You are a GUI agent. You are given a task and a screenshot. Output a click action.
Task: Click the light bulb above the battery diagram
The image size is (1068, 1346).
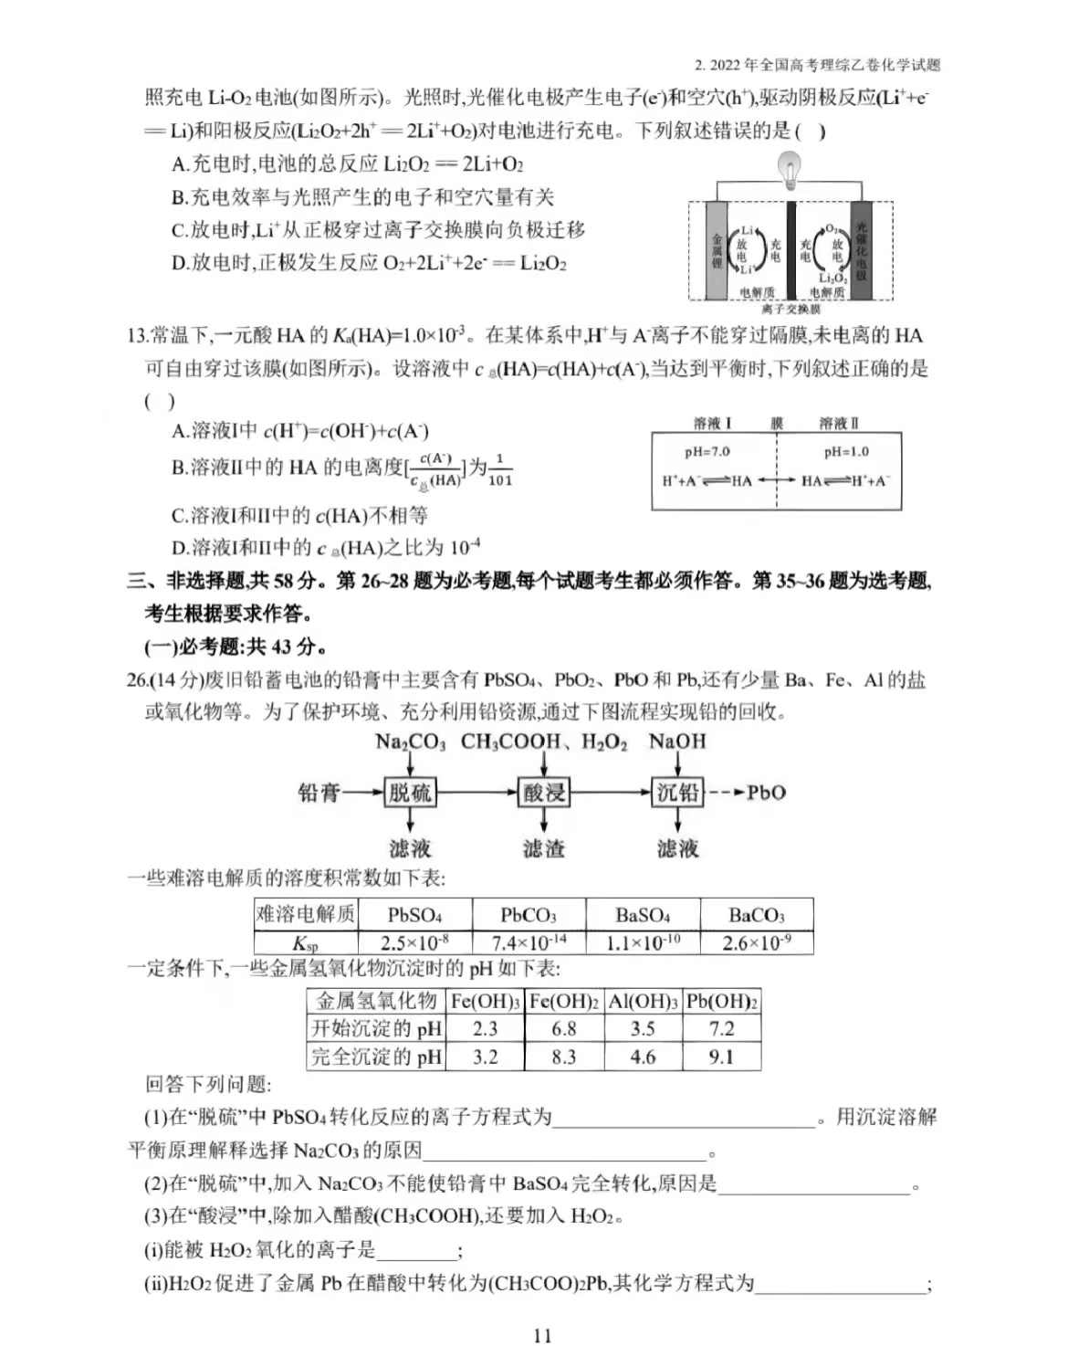click(x=789, y=170)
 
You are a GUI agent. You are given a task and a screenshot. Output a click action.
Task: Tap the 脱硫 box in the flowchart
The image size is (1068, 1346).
click(x=410, y=793)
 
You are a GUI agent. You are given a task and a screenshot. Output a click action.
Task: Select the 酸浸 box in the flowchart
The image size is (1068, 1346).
click(x=544, y=793)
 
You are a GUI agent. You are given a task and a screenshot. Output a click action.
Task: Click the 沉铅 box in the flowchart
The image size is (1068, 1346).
click(x=678, y=793)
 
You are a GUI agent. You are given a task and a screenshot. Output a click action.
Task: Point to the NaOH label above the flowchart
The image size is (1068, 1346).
click(x=677, y=741)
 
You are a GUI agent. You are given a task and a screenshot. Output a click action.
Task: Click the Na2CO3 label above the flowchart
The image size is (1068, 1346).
click(x=410, y=741)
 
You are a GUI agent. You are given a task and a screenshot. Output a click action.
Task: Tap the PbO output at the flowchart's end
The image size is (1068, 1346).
click(x=766, y=793)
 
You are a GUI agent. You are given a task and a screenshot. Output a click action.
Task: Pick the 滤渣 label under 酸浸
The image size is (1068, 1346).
click(x=544, y=848)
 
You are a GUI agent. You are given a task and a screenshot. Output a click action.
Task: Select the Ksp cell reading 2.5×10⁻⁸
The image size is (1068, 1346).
click(x=414, y=942)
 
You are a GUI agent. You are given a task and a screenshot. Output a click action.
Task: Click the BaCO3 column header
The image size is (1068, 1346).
click(x=757, y=914)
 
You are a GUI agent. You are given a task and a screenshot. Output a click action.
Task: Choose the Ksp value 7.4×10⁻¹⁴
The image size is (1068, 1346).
click(x=529, y=942)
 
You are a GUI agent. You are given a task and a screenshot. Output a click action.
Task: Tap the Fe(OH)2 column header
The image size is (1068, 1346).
click(x=564, y=1001)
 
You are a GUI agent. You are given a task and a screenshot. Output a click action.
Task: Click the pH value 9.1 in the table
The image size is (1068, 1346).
click(x=721, y=1057)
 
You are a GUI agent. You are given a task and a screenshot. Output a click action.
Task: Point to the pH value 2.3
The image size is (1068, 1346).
click(x=485, y=1029)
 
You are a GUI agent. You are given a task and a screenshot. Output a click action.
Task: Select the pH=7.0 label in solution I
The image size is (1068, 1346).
click(x=707, y=452)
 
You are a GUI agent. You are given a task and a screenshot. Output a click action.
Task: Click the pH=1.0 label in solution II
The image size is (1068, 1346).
click(x=846, y=452)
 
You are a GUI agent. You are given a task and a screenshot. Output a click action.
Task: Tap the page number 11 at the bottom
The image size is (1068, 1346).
click(x=542, y=1335)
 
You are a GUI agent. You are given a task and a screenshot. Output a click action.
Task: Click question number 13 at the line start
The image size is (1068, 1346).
click(x=137, y=336)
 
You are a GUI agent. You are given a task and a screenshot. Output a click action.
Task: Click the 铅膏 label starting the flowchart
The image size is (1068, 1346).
click(x=319, y=793)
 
